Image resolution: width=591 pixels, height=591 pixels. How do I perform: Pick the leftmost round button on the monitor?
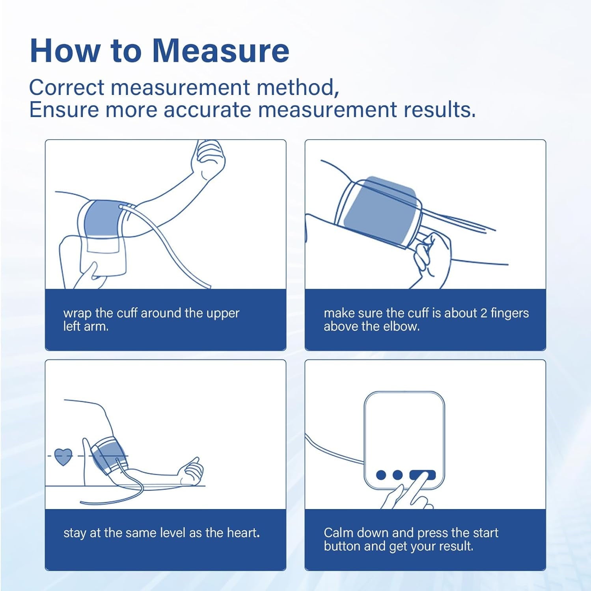click(x=381, y=475)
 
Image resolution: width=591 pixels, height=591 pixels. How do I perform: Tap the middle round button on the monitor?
click(x=397, y=475)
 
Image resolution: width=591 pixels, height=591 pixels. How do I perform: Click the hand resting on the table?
click(x=192, y=472)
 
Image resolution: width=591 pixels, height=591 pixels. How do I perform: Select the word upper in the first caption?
click(x=222, y=314)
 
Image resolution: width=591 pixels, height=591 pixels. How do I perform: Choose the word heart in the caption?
click(x=242, y=533)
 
